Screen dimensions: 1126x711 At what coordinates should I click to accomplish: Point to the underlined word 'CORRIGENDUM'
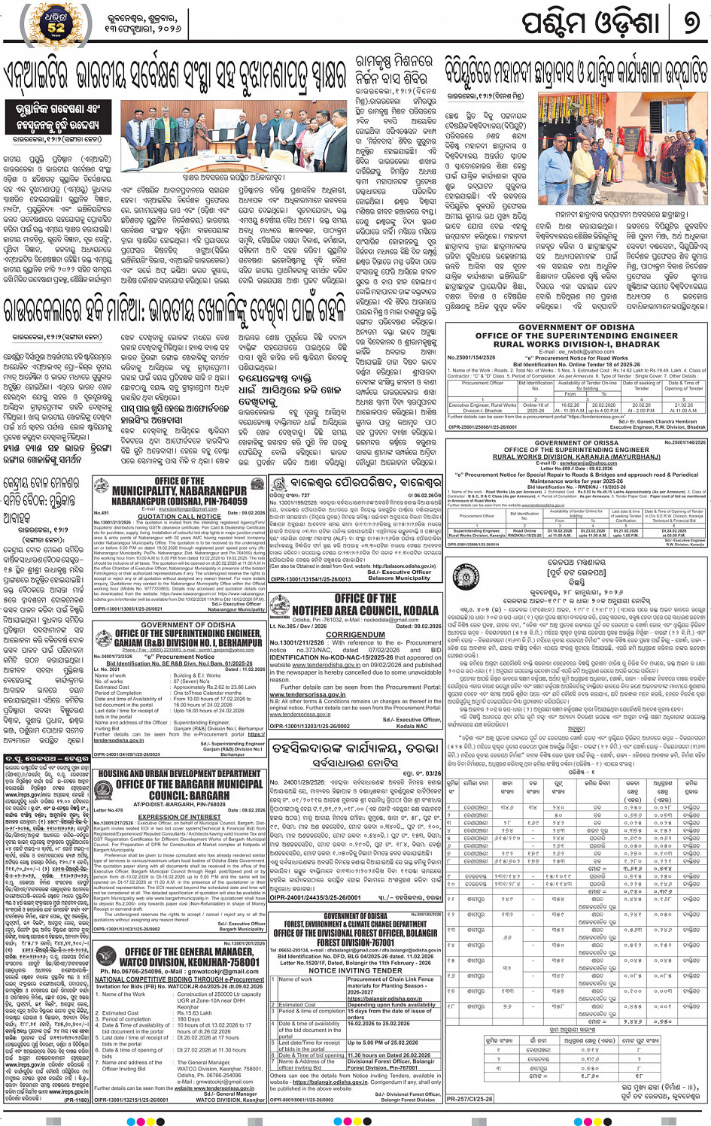(x=355, y=635)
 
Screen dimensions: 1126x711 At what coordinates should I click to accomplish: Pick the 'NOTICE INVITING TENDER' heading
(x=355, y=970)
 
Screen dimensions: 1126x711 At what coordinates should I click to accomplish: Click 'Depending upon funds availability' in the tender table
(x=391, y=1004)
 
